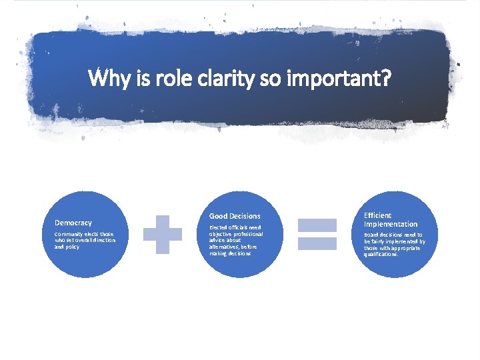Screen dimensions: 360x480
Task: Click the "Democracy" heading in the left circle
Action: (x=73, y=223)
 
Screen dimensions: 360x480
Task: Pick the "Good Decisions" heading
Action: (x=235, y=216)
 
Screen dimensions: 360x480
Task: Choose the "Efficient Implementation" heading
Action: (x=391, y=220)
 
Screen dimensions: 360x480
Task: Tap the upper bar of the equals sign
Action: (x=317, y=226)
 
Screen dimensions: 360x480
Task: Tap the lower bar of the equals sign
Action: (x=317, y=244)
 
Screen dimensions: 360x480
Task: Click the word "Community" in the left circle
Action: (x=68, y=235)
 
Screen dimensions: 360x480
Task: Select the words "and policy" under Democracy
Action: (x=67, y=247)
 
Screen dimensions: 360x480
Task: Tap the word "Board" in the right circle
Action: (x=371, y=235)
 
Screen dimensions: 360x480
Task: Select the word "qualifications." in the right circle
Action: (x=381, y=254)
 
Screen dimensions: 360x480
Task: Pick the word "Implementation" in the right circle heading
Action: (x=391, y=224)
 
